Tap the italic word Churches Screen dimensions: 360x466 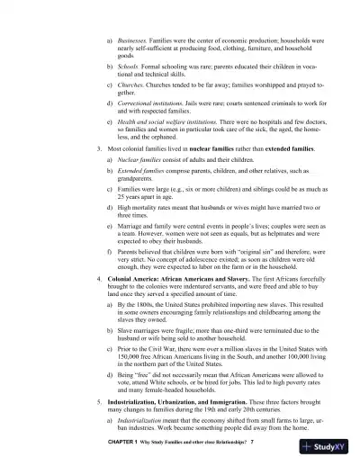131,85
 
